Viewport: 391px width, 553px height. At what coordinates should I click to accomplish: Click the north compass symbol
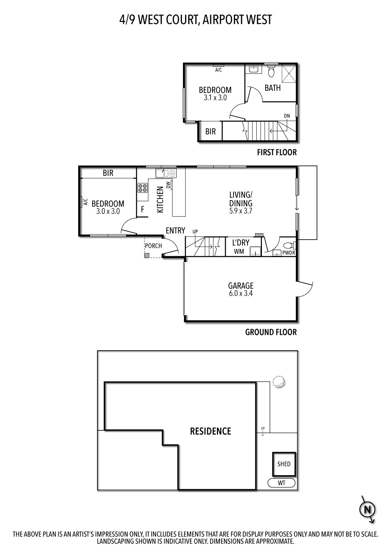pos(367,510)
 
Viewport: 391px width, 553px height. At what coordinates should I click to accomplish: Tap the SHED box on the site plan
pos(284,464)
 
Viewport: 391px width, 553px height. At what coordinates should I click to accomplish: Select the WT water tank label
pos(281,483)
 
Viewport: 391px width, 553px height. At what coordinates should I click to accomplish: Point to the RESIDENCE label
pos(210,431)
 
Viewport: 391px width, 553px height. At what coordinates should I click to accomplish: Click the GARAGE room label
pos(241,286)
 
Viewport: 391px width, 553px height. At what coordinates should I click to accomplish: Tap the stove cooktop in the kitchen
pos(142,188)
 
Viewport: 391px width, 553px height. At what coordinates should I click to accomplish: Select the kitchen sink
pos(166,173)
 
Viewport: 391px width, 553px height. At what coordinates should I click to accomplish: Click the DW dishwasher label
pos(168,185)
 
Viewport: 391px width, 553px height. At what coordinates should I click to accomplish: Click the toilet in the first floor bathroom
pos(271,71)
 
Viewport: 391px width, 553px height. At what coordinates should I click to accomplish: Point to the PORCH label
pos(153,246)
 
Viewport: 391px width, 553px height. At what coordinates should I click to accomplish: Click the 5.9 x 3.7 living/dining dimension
pos(241,211)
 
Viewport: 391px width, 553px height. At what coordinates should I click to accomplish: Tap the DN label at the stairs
pos(287,116)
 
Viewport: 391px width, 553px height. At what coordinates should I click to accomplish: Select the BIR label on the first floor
pos(210,132)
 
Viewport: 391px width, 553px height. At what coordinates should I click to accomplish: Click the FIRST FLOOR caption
pos(277,152)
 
